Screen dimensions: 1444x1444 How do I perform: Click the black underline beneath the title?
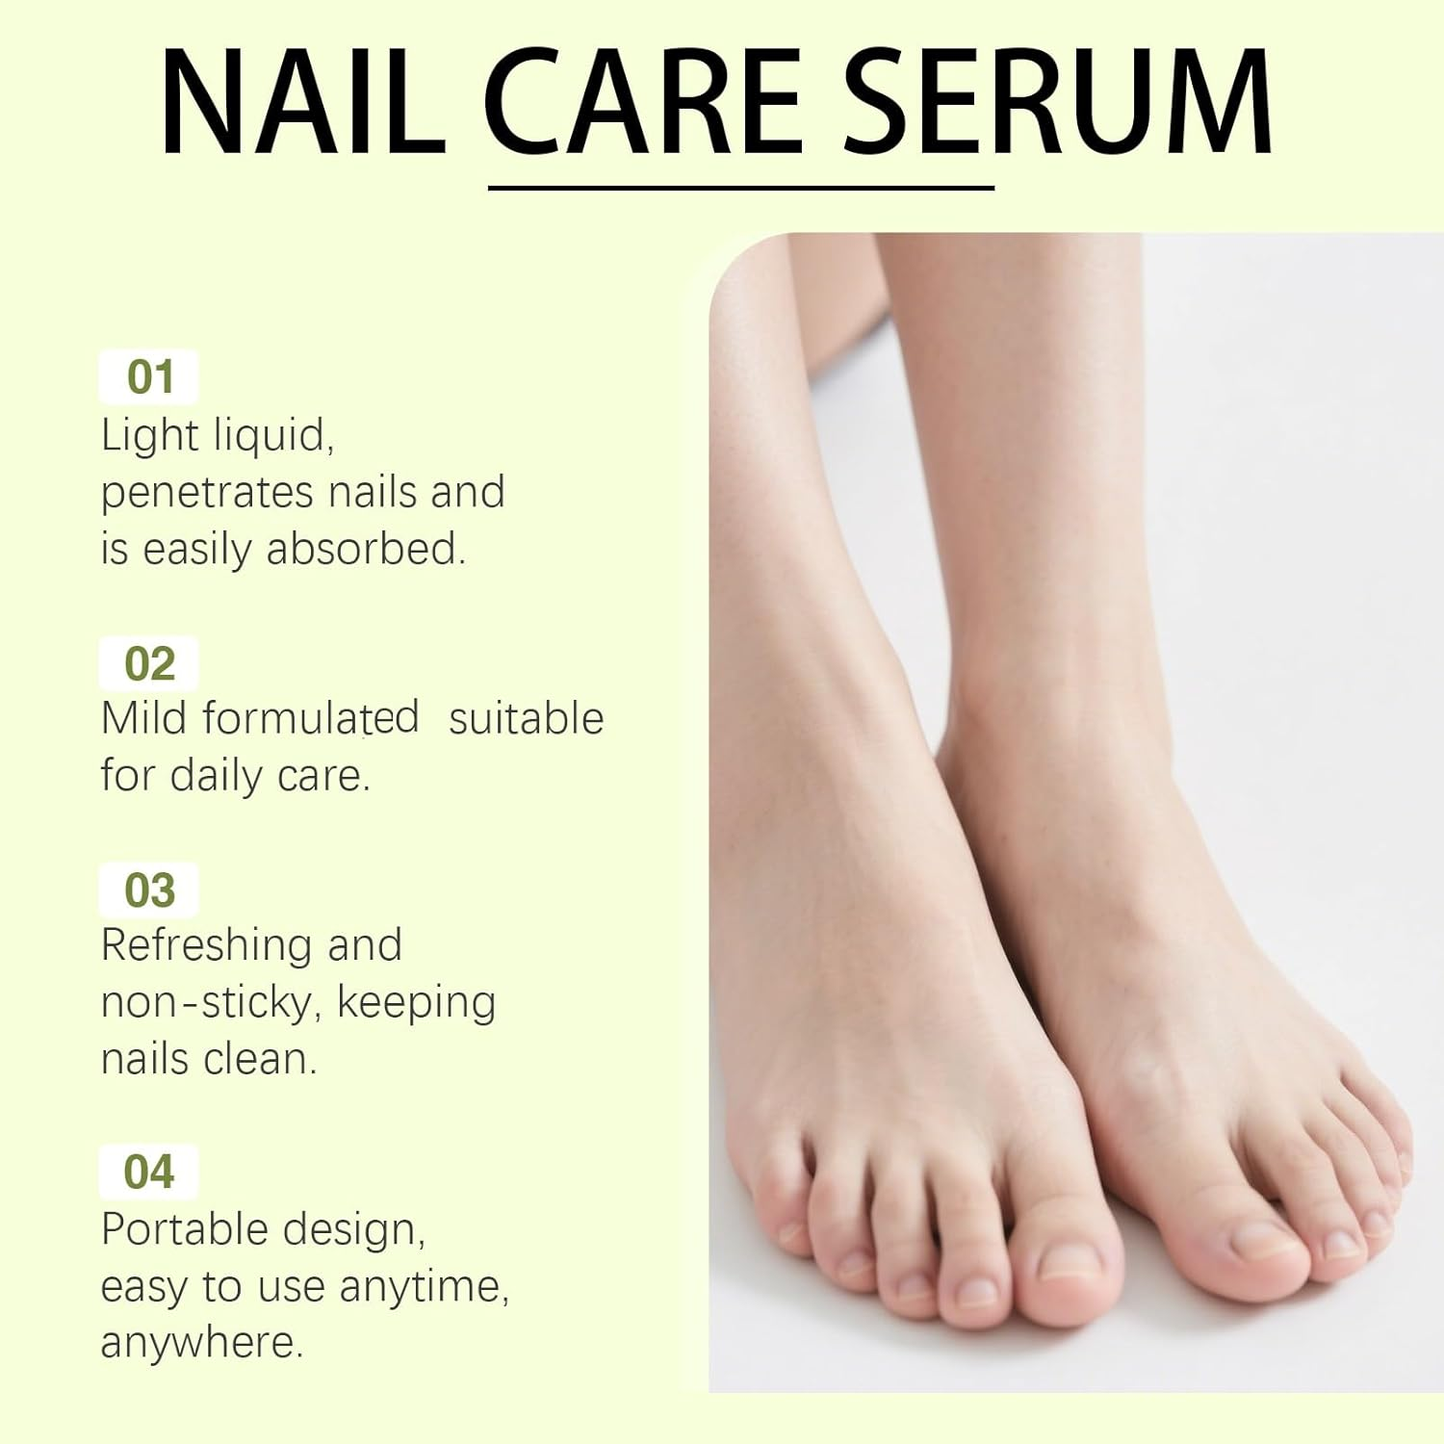tap(740, 188)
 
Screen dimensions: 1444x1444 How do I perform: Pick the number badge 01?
tap(149, 376)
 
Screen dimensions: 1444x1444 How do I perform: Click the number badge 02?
tap(149, 663)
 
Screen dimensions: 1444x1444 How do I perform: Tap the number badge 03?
tap(149, 890)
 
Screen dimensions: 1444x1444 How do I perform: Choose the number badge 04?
tap(149, 1172)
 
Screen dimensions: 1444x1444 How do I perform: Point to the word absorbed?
tap(366, 549)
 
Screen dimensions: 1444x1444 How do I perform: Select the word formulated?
tap(311, 718)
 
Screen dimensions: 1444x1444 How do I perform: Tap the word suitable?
tap(526, 718)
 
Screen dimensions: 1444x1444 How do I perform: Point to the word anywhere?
tap(201, 1343)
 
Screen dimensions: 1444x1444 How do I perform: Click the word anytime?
tap(424, 1286)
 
